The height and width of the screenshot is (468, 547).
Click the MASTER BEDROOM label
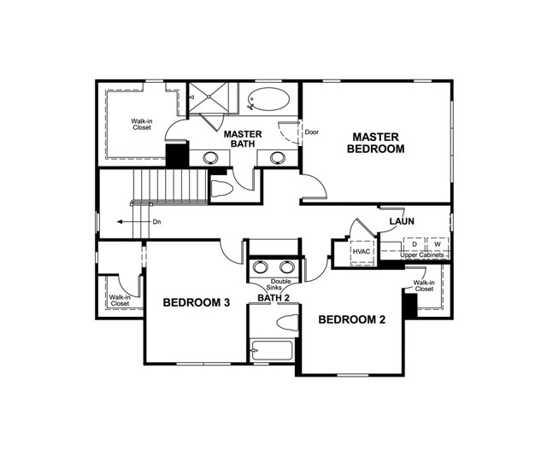[376, 143]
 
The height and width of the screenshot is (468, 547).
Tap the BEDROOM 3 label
[197, 302]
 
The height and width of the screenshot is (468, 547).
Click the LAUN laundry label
[402, 221]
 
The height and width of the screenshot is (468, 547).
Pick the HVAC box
[362, 252]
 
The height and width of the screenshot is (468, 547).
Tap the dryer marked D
[414, 244]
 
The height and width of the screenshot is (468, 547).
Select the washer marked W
[437, 244]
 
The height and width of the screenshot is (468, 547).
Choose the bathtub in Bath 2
[272, 350]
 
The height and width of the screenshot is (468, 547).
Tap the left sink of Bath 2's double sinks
[261, 266]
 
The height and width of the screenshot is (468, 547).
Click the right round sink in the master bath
[276, 157]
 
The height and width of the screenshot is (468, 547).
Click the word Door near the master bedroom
[312, 132]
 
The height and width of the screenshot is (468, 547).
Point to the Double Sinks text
[281, 284]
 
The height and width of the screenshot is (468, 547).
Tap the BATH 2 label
[274, 298]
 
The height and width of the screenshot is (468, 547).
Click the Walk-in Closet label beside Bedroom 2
[424, 285]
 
